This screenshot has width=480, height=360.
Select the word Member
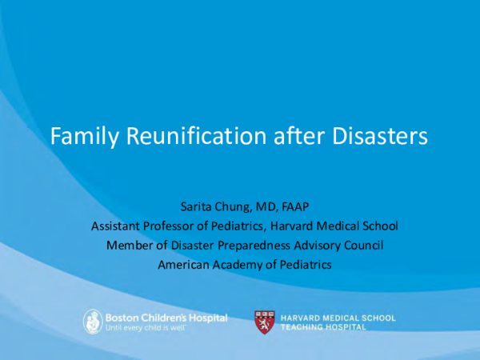click(127, 244)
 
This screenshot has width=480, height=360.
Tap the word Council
click(359, 244)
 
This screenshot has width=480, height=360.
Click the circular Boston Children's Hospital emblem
click(94, 322)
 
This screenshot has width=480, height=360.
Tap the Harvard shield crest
click(264, 322)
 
